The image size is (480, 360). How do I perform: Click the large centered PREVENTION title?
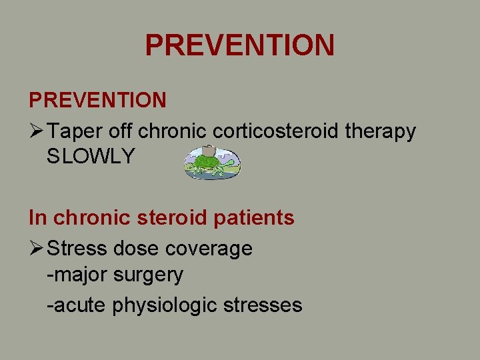239,45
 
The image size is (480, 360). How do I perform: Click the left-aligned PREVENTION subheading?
97,101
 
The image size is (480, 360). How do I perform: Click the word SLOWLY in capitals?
91,157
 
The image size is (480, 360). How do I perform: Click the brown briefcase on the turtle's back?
209,150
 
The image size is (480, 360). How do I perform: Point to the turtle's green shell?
208,162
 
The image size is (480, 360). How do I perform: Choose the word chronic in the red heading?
83,218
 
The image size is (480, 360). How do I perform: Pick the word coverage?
209,249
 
